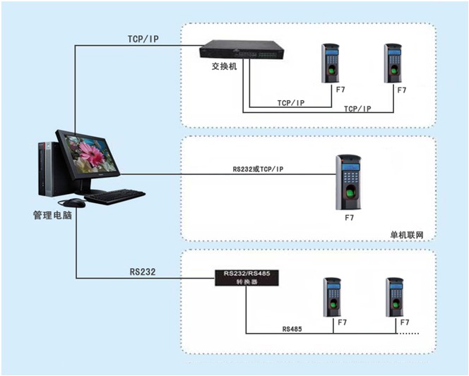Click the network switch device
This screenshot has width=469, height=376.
point(242,49)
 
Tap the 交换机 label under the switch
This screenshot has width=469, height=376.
point(224,66)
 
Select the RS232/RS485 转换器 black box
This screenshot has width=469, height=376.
point(247,278)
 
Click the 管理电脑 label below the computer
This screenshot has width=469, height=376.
point(52,215)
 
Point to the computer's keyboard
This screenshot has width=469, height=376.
point(114,197)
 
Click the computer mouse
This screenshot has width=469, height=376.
point(74,203)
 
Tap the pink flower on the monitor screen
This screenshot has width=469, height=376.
point(91,155)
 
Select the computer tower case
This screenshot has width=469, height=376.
point(49,169)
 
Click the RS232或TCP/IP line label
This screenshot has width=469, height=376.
point(258,169)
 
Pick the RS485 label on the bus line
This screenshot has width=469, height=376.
point(292,329)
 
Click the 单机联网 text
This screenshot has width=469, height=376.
point(407,235)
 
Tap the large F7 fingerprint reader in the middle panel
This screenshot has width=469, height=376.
point(348,182)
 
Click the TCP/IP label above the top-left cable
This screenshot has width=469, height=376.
point(143,39)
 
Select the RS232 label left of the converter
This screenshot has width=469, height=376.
point(143,272)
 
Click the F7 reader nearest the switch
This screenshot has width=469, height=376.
point(331,63)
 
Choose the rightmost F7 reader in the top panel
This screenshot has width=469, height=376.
point(393,63)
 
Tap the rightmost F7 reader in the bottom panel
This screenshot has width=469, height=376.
point(395,297)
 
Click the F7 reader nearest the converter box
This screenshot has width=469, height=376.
point(332,297)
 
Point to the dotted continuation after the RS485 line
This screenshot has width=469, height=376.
point(408,333)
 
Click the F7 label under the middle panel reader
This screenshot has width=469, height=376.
point(349,218)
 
